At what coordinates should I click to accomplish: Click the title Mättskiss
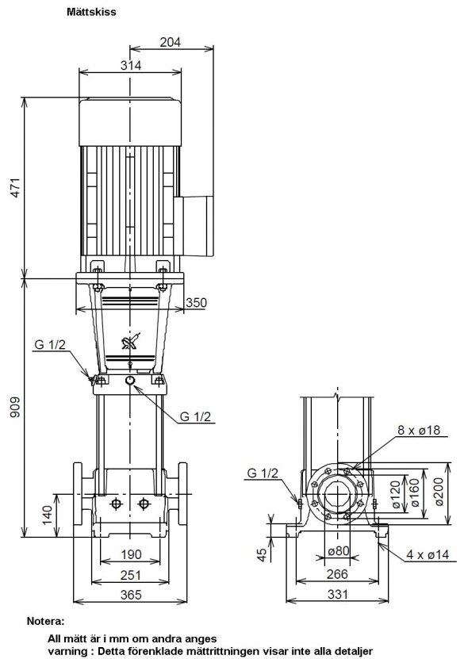(x=91, y=12)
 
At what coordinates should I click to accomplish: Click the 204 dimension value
(x=171, y=42)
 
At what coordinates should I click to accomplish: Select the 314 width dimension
(x=131, y=65)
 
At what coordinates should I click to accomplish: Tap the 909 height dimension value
(x=15, y=407)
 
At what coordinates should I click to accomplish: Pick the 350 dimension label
(x=196, y=303)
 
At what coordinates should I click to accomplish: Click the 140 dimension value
(x=47, y=515)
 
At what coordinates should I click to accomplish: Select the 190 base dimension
(x=131, y=554)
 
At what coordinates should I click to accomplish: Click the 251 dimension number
(x=131, y=574)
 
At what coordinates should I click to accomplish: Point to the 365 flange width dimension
(x=131, y=595)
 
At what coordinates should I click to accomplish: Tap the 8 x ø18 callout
(x=419, y=430)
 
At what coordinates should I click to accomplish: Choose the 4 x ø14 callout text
(x=428, y=555)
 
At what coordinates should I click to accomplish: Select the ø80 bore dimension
(x=338, y=550)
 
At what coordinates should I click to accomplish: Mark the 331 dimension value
(x=338, y=594)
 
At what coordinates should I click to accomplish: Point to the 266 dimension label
(x=337, y=573)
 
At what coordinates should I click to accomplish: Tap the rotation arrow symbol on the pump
(x=131, y=341)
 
